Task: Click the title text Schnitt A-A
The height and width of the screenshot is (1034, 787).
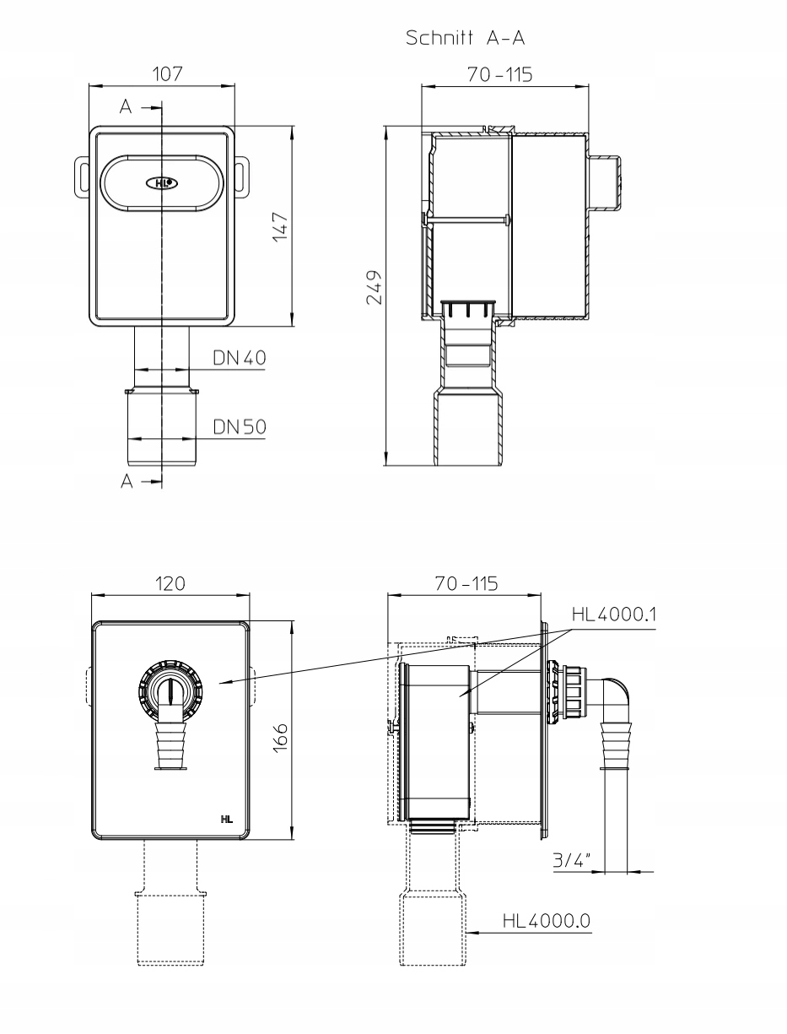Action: [465, 38]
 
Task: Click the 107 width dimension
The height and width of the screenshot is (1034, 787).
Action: [167, 74]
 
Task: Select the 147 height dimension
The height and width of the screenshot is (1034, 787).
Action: [281, 227]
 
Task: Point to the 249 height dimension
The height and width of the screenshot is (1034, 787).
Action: [375, 287]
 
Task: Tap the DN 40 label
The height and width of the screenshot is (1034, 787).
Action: [240, 358]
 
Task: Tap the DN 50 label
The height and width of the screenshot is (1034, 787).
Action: [240, 427]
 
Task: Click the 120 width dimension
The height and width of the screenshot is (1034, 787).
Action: [170, 584]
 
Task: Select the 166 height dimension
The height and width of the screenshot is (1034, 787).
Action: [281, 739]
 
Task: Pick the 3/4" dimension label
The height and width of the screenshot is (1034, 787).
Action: [572, 860]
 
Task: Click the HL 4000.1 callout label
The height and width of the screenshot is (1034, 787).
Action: [614, 614]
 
